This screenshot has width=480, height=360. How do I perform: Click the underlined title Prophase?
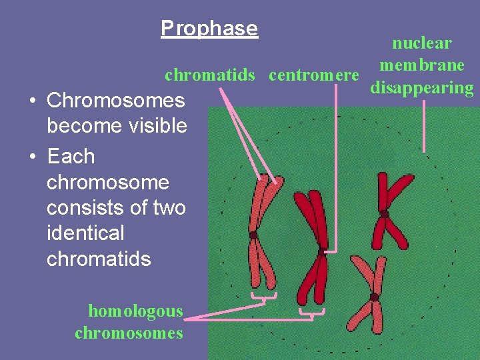click(x=209, y=29)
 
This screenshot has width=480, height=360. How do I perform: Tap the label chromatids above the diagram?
click(x=210, y=75)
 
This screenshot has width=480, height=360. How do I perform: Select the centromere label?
click(x=314, y=75)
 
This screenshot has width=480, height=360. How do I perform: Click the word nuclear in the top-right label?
click(x=422, y=44)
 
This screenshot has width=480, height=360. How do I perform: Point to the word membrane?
click(x=422, y=65)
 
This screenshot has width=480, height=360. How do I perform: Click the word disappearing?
click(x=422, y=88)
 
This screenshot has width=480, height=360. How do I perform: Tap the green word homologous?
click(x=135, y=311)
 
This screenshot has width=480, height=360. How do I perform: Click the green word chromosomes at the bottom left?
click(x=129, y=333)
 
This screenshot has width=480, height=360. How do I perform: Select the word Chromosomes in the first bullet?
click(x=116, y=101)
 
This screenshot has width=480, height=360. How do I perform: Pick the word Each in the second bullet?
click(x=71, y=157)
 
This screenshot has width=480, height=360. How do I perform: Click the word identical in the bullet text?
click(x=85, y=233)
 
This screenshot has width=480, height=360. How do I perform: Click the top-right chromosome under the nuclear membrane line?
click(x=387, y=211)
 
